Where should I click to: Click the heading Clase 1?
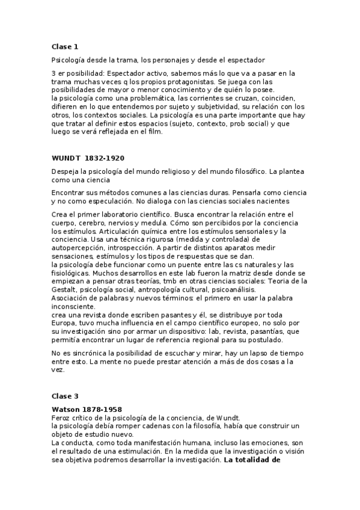pyautogui.click(x=65, y=46)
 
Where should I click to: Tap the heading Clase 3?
pyautogui.click(x=65, y=396)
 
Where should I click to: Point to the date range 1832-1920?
pyautogui.click(x=105, y=159)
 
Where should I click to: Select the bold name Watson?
pyautogui.click(x=66, y=409)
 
